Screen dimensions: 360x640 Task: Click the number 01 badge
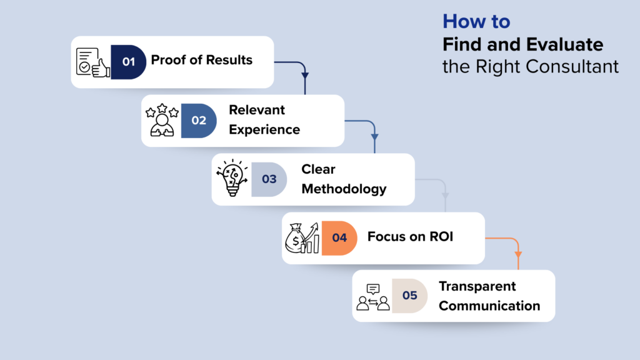pos(128,61)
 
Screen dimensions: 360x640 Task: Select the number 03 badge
pos(269,179)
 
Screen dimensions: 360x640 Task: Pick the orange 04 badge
pos(339,238)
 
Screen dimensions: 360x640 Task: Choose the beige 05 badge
pos(409,296)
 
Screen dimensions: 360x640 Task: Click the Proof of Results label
pos(202,61)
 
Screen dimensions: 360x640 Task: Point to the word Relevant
pos(256,110)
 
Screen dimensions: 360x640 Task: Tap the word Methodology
pos(344,189)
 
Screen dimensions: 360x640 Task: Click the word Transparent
pos(477,286)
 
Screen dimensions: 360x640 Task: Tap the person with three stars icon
pos(162,121)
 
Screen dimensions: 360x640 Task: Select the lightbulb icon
pos(232,179)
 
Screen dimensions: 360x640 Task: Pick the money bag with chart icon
pos(302,238)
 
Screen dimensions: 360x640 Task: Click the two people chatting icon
pos(372,297)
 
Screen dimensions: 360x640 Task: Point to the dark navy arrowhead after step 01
pos(305,76)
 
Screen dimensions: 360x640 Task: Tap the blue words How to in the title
pos(476,22)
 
